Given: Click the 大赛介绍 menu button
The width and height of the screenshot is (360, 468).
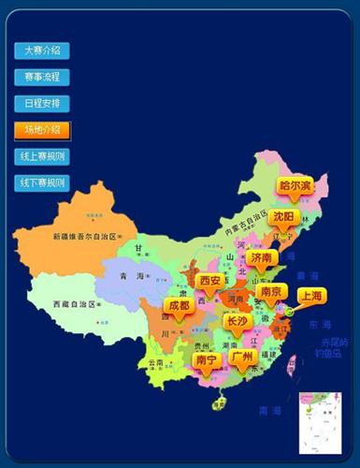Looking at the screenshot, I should (42, 51).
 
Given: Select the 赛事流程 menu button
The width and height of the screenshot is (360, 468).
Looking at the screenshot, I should (42, 77).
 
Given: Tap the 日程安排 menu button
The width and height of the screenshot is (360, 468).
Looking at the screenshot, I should (42, 103).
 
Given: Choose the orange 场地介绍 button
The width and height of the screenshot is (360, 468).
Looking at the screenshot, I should (42, 129).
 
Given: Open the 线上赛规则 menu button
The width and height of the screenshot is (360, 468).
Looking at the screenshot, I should (42, 155).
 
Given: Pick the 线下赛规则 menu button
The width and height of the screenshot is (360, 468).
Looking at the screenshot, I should (42, 182).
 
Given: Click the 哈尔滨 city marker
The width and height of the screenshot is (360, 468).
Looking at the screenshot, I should (295, 186).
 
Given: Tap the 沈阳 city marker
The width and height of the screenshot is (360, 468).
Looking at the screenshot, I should (284, 216).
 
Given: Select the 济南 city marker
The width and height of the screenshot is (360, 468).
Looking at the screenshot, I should (261, 256).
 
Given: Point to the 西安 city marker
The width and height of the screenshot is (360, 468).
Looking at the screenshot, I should (210, 281).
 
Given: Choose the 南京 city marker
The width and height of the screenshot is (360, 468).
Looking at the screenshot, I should (272, 292).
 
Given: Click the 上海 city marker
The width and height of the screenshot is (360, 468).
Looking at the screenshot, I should (310, 296).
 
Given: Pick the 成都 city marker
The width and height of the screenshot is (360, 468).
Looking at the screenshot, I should (178, 306).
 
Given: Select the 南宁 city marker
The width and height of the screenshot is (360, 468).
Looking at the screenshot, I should (206, 359).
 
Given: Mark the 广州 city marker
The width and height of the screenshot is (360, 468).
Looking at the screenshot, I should (242, 358).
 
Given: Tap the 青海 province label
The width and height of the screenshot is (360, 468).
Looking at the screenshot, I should (131, 276).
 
